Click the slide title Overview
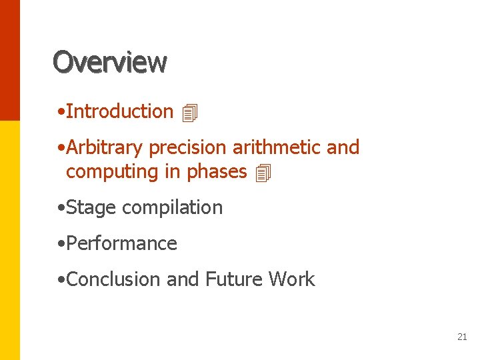point(110,62)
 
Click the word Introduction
point(120,111)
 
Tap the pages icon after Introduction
point(190,113)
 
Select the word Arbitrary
point(105,148)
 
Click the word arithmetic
point(276,147)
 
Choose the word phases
point(217,172)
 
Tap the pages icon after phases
point(263,174)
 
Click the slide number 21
point(462,337)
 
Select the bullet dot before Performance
point(61,244)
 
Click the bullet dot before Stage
point(61,209)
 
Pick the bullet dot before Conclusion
point(61,280)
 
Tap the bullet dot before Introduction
point(61,112)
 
